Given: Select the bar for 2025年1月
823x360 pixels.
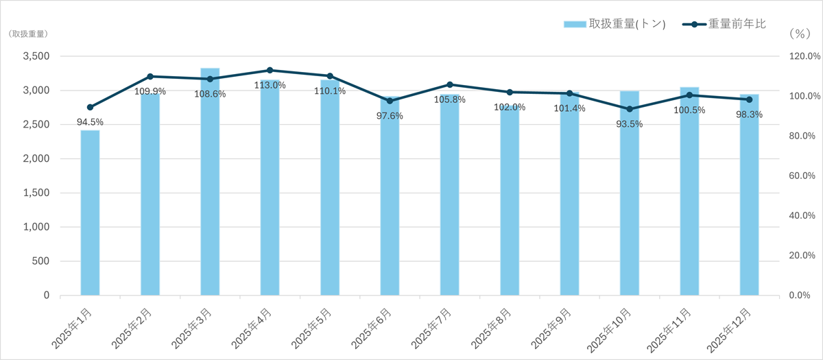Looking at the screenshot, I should click(x=90, y=213).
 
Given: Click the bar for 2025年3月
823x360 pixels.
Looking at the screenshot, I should click(x=210, y=182).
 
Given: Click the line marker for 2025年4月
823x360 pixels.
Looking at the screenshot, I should click(x=270, y=70).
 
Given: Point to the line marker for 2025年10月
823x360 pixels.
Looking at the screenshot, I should click(x=630, y=109).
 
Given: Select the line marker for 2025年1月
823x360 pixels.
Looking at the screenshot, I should click(x=90, y=107).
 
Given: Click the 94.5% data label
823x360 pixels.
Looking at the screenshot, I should click(x=90, y=122).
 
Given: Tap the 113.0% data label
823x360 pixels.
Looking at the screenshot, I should click(x=270, y=85).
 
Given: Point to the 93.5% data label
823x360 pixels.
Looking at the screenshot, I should click(x=630, y=124).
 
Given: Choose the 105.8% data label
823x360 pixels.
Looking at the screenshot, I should click(x=450, y=99).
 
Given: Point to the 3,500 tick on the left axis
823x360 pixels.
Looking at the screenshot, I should click(x=35, y=56).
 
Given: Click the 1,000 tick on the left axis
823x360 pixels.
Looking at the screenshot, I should click(x=35, y=227).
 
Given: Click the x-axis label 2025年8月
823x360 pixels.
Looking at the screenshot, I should click(x=496, y=328).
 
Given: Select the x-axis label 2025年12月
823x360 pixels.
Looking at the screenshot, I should click(x=734, y=329).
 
